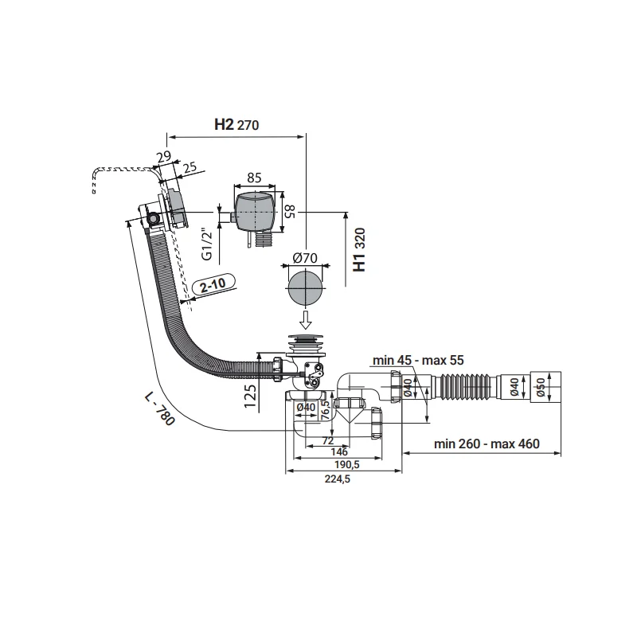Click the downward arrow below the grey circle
pos(305,320)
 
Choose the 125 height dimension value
pos(250,395)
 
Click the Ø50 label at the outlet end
pos(540,388)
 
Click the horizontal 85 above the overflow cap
pos(255,177)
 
